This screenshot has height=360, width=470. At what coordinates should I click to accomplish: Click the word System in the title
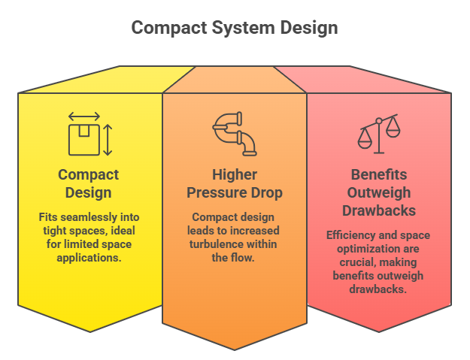coord(243,28)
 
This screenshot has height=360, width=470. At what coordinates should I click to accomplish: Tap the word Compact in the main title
coord(169,28)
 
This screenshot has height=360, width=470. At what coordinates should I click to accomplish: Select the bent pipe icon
coord(235,134)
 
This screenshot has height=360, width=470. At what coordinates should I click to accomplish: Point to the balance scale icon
coord(379,134)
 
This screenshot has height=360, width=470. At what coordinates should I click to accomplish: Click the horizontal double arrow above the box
coord(84,116)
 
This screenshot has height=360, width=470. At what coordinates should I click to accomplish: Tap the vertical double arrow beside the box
coord(108,140)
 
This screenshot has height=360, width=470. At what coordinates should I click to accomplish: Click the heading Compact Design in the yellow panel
coord(89,183)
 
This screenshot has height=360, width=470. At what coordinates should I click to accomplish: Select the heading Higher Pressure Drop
coord(235,183)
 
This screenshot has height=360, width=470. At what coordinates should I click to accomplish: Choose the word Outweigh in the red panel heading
coord(379,192)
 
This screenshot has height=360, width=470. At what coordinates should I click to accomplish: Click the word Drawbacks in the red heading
coord(379,210)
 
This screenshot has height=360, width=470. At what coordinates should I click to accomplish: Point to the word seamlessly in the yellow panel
coord(89,217)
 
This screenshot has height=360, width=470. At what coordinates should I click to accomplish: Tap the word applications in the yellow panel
coord(88,258)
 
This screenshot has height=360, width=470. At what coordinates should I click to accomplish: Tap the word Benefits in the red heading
coord(379,174)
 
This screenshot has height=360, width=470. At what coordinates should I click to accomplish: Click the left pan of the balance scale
coord(365,142)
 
